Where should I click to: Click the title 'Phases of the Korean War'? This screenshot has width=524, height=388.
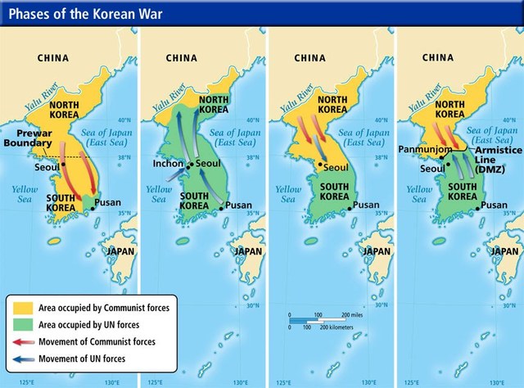[x=78, y=13]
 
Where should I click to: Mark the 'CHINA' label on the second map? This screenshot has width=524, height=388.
[x=182, y=58]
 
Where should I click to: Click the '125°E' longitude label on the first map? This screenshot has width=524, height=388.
[x=28, y=381]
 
